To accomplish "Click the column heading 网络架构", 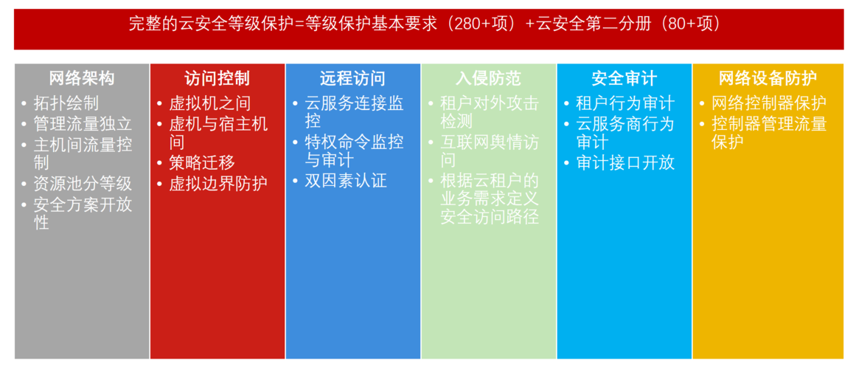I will coord(82,78).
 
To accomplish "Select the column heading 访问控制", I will coord(217,78).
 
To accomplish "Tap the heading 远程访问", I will coord(352,78).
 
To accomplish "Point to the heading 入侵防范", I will coord(488,78).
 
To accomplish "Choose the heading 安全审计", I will coord(624,78).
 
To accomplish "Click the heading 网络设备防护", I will coord(768,78).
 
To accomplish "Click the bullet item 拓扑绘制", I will coord(66,103).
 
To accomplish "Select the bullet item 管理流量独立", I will coord(83,123).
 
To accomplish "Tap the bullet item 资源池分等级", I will coord(83,184).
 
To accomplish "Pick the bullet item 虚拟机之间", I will coord(209,103).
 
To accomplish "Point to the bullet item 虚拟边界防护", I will coord(218,184).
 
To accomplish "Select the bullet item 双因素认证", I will coord(346,180).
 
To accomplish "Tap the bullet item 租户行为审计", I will coord(625,103).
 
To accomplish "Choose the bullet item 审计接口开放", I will coord(625,163).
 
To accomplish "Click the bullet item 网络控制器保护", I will coord(769,103).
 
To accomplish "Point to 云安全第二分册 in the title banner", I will coord(588,24).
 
